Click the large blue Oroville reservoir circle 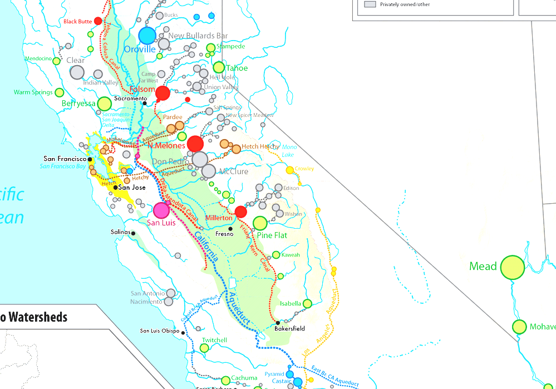(147, 35)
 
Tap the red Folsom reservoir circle (163, 93)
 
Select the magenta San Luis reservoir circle (161, 210)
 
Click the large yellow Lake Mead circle (513, 267)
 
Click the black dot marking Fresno (230, 229)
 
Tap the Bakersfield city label (289, 328)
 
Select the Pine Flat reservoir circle (260, 223)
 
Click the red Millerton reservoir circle (241, 211)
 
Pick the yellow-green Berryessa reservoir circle (105, 104)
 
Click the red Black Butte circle (98, 21)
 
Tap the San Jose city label (132, 188)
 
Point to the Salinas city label (120, 232)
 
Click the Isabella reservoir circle (307, 304)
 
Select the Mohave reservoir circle (519, 327)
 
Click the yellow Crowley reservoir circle (290, 170)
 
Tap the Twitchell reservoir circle (204, 348)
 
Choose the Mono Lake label (288, 151)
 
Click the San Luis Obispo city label (160, 331)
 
